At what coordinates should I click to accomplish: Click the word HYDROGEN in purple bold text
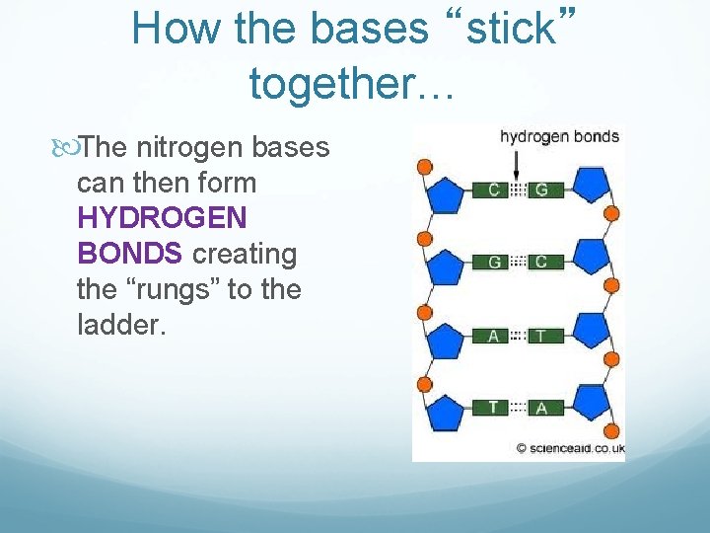[x=162, y=218]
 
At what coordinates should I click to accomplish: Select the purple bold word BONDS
[x=129, y=254]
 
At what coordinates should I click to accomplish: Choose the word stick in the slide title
[x=511, y=29]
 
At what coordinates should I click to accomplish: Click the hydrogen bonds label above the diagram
[x=559, y=137]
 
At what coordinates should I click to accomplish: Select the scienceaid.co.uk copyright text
[x=570, y=447]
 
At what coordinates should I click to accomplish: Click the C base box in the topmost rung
[x=493, y=190]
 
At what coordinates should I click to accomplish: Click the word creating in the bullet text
[x=244, y=254]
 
